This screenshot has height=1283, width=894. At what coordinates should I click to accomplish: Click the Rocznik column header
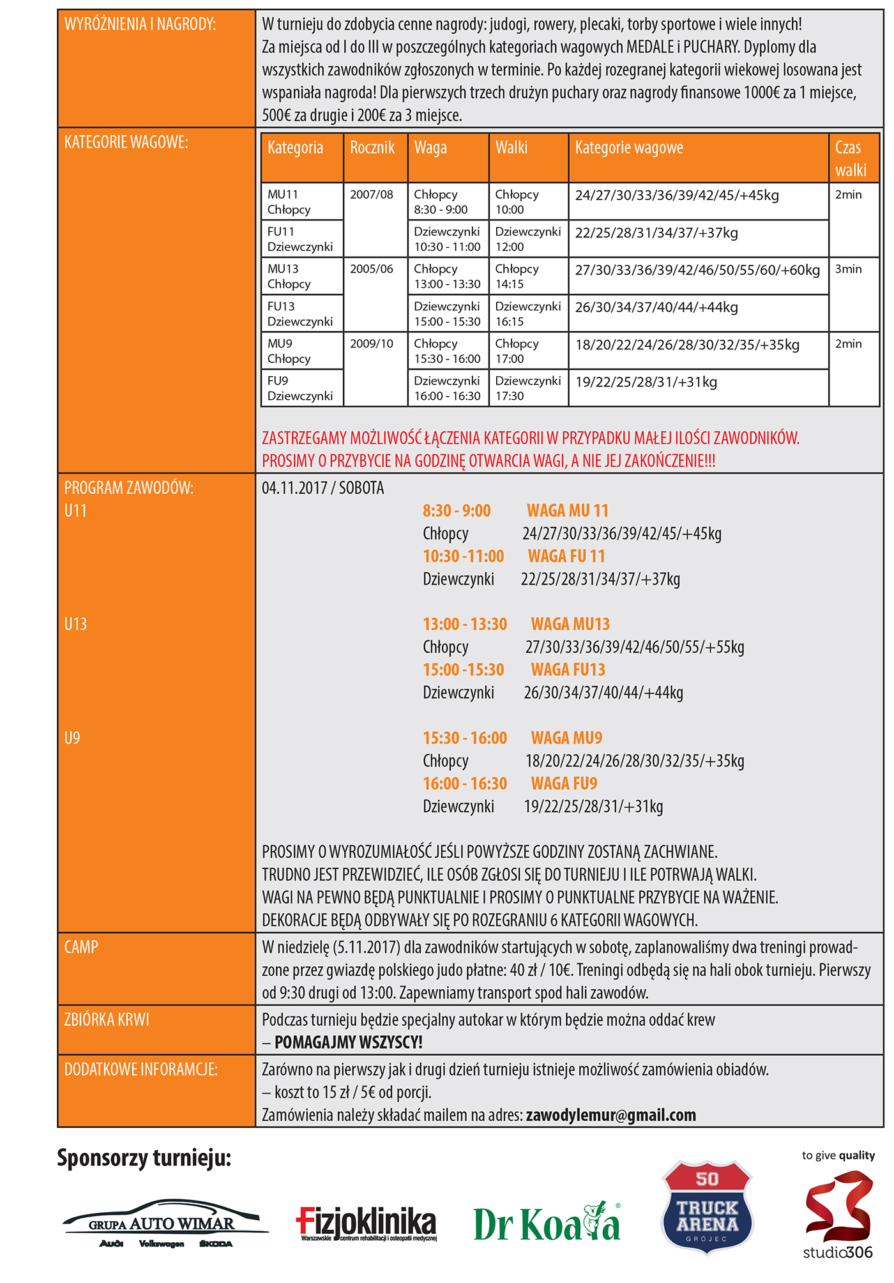coord(372,148)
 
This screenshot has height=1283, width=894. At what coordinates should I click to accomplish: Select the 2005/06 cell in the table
coord(372,270)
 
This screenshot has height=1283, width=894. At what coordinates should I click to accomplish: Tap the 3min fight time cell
coord(848,270)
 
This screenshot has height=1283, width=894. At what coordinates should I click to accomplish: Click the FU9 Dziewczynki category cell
coord(300,388)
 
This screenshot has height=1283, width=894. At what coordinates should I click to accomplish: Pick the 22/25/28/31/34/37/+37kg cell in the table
coord(656,233)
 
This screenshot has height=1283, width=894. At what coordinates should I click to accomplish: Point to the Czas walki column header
coord(851,158)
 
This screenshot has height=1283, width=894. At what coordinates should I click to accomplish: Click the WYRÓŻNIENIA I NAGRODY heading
coord(140,24)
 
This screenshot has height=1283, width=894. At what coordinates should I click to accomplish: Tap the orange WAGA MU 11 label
coord(567,511)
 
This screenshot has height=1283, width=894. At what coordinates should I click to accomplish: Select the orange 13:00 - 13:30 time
coord(465,624)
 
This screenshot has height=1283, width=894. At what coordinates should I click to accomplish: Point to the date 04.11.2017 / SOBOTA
coord(323,489)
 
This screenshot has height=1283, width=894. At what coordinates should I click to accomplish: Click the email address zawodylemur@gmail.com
coord(610,1115)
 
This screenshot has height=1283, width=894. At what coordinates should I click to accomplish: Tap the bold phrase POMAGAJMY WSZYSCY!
coord(349,1042)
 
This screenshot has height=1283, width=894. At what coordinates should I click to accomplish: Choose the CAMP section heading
coord(81,947)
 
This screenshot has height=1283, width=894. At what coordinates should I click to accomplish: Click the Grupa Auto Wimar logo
coord(165,1223)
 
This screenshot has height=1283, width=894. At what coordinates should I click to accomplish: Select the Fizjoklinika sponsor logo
coord(367,1223)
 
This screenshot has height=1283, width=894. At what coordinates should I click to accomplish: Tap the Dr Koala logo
coord(547,1223)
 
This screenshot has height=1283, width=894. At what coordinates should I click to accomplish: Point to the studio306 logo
coord(838,1217)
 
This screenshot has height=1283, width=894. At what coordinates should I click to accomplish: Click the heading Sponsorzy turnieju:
coord(144,1158)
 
